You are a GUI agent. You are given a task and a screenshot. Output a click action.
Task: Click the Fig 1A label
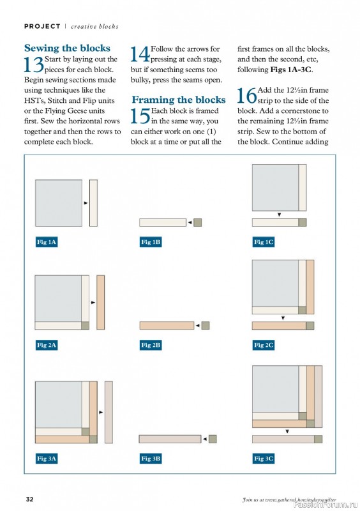[x=47, y=242]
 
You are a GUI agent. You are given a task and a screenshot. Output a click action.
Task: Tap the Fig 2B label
[x=151, y=345]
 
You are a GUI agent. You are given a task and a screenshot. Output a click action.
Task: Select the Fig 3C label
[x=263, y=459]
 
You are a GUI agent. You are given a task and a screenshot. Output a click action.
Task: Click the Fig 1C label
[x=263, y=242]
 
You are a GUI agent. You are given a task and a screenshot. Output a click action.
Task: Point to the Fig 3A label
[x=47, y=459]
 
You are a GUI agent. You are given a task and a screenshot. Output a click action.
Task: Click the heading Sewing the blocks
[x=67, y=48]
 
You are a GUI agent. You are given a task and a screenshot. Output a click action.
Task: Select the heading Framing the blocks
[x=179, y=100]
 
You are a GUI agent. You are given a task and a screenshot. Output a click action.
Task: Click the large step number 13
[x=34, y=65]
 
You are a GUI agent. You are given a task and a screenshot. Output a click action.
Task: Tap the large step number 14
[x=140, y=54]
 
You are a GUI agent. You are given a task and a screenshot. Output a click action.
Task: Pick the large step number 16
[x=247, y=95]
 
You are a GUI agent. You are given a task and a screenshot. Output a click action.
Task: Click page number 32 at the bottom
[x=29, y=500]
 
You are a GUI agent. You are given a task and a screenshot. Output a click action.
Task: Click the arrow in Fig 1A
[x=86, y=203]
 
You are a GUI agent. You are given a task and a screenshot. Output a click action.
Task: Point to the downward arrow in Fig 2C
[x=283, y=317]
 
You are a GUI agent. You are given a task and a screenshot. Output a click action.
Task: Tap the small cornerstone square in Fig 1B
[x=197, y=222]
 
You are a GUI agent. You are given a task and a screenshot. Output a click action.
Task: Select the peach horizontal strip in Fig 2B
[x=167, y=326]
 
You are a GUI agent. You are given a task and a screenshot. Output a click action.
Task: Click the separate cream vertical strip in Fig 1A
[x=93, y=203]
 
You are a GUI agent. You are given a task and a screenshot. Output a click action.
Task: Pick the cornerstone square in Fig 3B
[x=213, y=439]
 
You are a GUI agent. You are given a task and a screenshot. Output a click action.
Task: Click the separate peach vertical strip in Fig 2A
[x=101, y=302]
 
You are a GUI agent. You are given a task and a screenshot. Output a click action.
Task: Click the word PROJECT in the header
[x=42, y=26]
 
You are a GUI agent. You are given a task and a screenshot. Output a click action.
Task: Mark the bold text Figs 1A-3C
[x=291, y=70]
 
